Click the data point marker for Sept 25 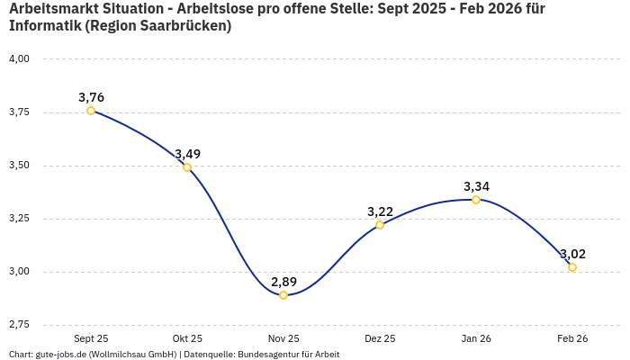pos(91,111)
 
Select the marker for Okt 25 pos(187,167)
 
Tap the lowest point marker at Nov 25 pos(283,295)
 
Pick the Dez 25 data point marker pos(380,225)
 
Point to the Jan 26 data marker pos(476,200)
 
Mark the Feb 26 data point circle pos(572,267)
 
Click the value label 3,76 pos(91,97)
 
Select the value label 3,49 pos(187,154)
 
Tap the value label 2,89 pos(283,282)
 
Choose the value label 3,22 pos(380,211)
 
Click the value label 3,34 pos(476,186)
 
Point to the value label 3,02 pos(572,254)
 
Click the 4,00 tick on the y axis pos(19,59)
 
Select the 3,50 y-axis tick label pos(19,166)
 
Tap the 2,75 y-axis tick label pos(19,324)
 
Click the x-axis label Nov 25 pos(283,338)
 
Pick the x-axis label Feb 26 pos(572,338)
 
